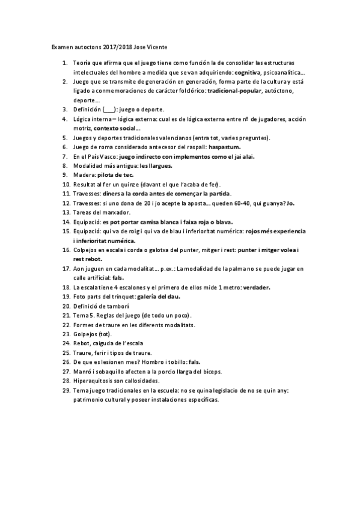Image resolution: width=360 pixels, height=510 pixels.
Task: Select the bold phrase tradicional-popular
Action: coord(230,90)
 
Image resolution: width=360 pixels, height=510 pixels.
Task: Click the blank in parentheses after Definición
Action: coord(108,109)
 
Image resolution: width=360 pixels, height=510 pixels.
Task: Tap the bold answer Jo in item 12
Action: coord(291,203)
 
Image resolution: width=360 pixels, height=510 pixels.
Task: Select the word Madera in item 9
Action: coord(84,174)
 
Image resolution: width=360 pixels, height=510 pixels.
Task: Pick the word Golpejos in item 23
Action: coord(86,334)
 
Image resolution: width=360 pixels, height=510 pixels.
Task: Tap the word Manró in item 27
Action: coord(82,372)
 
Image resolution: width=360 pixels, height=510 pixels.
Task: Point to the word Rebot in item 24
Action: coord(82,343)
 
